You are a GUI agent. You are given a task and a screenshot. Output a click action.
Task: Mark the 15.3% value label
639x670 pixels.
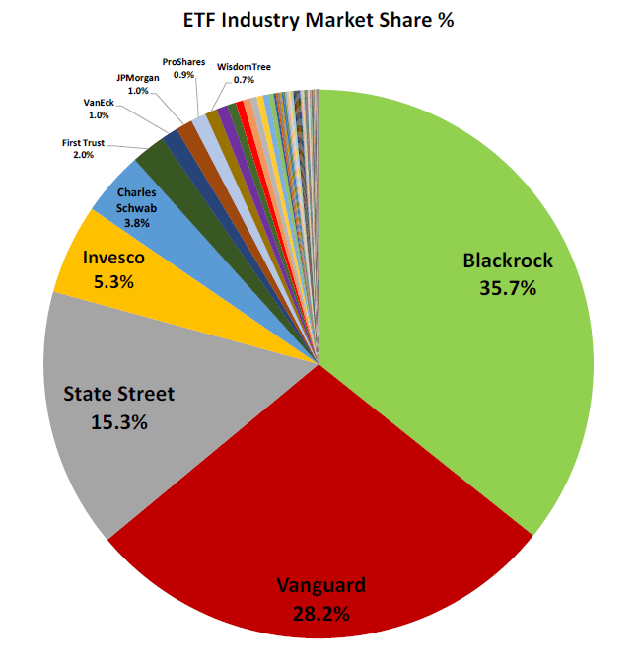tap(118, 421)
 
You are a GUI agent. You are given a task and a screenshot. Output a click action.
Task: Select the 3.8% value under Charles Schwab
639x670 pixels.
tap(135, 223)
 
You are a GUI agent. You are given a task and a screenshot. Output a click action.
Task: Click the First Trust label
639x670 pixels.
tap(83, 143)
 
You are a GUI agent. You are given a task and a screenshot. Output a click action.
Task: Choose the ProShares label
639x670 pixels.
tap(183, 60)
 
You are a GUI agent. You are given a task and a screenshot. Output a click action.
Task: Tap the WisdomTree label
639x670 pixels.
tap(244, 67)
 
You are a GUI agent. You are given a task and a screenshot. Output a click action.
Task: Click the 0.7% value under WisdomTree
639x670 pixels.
tap(244, 79)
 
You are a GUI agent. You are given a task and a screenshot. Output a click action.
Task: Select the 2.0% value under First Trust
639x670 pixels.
tap(83, 155)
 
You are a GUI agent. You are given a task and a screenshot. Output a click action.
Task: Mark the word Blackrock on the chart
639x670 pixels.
tap(508, 261)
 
